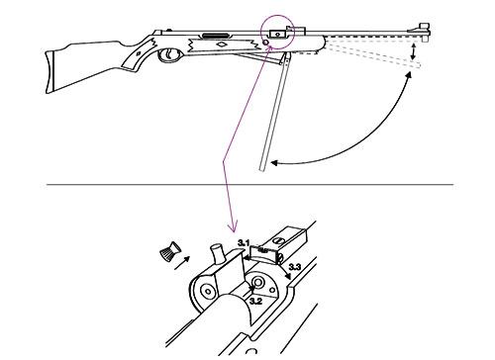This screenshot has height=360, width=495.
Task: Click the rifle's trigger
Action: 169,54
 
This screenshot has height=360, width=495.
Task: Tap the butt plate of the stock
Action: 49,72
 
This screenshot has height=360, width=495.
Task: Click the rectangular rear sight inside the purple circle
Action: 277,34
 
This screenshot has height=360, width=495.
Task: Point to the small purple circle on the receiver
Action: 265,43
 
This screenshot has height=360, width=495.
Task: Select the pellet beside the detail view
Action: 169,250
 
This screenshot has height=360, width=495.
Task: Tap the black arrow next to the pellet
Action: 182,263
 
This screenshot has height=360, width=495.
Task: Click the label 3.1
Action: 244,243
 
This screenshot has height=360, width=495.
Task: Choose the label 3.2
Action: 255,301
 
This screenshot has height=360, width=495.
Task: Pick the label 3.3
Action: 295,266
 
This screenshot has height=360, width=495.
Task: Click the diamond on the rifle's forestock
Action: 222,45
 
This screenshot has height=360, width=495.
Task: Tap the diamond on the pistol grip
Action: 139,53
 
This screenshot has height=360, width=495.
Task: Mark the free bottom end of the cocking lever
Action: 262,169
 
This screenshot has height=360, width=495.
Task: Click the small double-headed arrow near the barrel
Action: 413,52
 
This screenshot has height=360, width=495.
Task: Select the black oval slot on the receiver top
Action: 216,35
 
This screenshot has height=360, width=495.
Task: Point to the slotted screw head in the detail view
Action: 278,239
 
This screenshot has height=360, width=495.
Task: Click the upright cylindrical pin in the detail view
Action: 218,254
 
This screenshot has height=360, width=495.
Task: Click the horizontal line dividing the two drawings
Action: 249,185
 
